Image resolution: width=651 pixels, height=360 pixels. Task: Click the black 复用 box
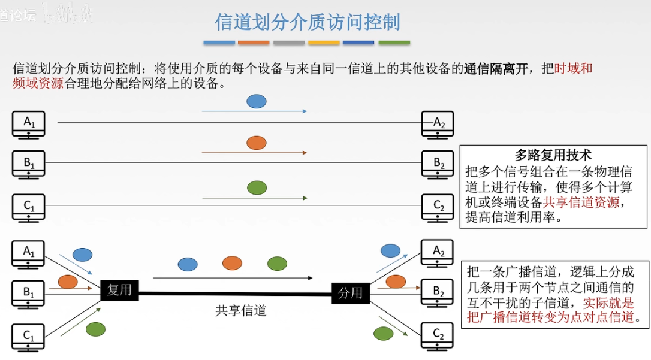click(x=119, y=290)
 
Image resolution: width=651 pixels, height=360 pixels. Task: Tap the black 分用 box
click(x=351, y=293)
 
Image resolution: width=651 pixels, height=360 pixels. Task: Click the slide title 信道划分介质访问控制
click(x=308, y=22)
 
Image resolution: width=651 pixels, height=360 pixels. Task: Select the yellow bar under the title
click(x=324, y=43)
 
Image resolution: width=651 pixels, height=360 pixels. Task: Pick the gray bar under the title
click(x=289, y=43)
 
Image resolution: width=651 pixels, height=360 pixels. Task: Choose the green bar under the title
click(x=394, y=43)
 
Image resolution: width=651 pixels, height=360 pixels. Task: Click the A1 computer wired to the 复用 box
click(x=29, y=253)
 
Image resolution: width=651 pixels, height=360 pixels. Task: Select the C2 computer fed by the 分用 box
click(x=438, y=336)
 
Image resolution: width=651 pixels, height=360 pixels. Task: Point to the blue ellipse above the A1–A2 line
click(x=257, y=101)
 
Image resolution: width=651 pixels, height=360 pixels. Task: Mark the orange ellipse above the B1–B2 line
click(x=257, y=143)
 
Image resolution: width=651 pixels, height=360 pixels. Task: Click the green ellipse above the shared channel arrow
click(x=277, y=263)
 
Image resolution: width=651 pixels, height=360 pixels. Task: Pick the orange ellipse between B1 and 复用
click(x=68, y=281)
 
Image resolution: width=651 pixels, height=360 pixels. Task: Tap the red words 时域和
click(x=574, y=68)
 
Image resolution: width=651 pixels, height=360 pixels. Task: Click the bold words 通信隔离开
click(x=496, y=68)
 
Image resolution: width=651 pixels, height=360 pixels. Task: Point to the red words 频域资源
click(x=38, y=83)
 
